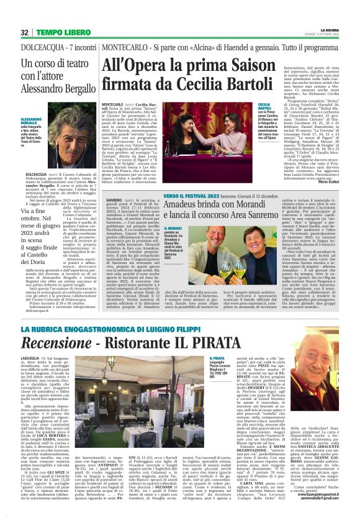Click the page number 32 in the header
[25, 32]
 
